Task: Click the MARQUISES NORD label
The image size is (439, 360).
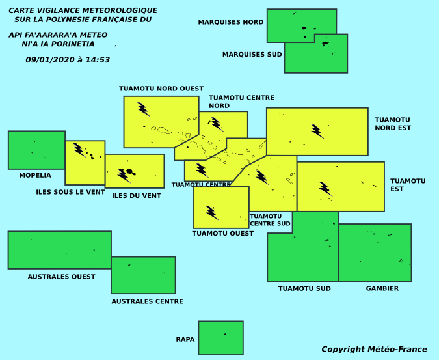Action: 231,22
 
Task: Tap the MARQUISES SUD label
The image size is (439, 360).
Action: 252,54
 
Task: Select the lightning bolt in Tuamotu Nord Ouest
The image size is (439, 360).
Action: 144,109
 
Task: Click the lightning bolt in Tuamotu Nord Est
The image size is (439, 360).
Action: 318,132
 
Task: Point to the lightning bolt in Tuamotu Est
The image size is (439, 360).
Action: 326,189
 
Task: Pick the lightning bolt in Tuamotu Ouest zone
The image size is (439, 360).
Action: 213,213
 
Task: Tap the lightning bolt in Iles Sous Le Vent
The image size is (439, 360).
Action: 80,150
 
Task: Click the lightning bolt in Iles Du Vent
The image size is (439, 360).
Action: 124,176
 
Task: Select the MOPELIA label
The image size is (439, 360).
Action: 35,175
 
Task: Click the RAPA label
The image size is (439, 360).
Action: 185,339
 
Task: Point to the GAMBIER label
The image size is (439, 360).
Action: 382,288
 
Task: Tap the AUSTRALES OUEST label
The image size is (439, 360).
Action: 61,277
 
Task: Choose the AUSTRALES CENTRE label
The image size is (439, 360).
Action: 147,301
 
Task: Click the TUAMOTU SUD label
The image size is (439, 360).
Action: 304,288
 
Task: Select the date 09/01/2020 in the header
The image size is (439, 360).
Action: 50,60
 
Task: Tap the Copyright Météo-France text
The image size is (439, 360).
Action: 374,349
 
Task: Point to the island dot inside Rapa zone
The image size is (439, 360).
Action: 225,334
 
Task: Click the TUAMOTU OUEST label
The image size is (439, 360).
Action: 223,233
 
